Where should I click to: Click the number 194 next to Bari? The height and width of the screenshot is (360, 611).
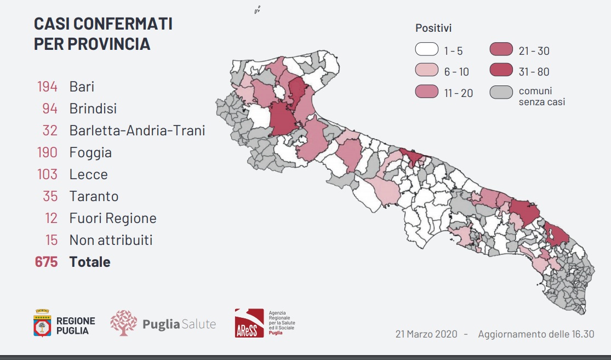click(x=47, y=87)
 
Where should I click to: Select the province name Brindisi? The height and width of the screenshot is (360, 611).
click(x=93, y=108)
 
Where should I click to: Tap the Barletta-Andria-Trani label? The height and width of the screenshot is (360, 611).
click(x=137, y=130)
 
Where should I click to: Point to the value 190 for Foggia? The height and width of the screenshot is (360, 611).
click(x=47, y=152)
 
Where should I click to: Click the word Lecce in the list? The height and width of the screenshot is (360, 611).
click(x=88, y=174)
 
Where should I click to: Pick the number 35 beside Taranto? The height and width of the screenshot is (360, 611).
click(x=50, y=196)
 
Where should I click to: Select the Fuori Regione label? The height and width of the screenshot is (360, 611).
click(x=113, y=218)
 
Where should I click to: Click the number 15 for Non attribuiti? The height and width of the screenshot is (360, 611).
click(x=52, y=240)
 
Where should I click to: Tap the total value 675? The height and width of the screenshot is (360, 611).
click(x=47, y=262)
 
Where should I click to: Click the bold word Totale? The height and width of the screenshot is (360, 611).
click(x=90, y=262)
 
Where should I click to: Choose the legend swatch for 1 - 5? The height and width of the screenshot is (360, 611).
click(x=427, y=49)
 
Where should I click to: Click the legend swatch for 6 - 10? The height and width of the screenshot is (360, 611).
click(x=427, y=70)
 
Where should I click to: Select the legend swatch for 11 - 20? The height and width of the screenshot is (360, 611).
click(x=427, y=92)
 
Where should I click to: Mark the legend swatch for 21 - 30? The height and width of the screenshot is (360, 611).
click(x=501, y=49)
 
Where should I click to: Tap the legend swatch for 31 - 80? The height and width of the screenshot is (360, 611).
click(x=501, y=70)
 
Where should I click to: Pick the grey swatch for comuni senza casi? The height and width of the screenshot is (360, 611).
click(x=501, y=93)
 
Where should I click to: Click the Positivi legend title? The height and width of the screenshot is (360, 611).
click(x=433, y=28)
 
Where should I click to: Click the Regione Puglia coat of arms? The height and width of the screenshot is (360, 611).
click(x=42, y=323)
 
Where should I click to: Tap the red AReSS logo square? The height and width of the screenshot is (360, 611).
click(x=249, y=323)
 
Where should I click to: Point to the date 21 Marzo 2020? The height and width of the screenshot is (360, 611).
click(x=426, y=334)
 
